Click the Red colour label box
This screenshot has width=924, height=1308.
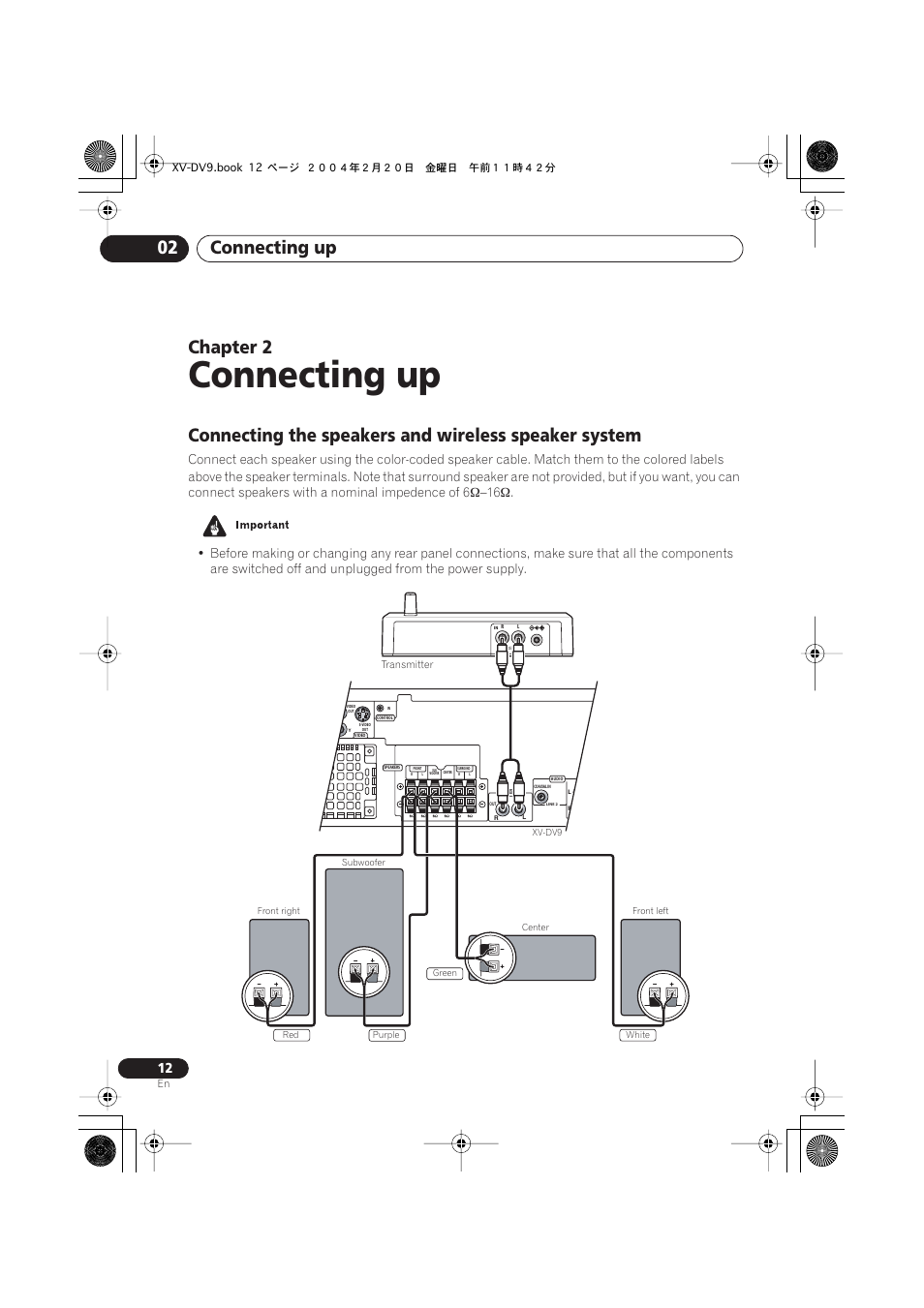(x=291, y=1035)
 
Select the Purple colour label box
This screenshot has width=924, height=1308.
(x=385, y=1035)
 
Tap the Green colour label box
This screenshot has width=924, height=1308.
(x=445, y=973)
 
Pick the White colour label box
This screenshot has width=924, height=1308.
(x=637, y=1035)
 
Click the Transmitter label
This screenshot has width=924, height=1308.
(x=407, y=664)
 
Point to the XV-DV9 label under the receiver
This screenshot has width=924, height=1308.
(x=546, y=833)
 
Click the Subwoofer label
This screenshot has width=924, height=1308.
(x=363, y=862)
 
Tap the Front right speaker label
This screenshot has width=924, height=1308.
(x=278, y=911)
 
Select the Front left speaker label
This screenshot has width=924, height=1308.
(x=650, y=911)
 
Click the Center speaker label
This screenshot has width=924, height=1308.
(x=535, y=928)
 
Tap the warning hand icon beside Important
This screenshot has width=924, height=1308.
(x=214, y=526)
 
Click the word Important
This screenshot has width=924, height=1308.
(x=262, y=525)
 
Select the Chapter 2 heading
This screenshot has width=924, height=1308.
(x=230, y=347)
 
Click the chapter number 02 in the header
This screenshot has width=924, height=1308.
(x=168, y=248)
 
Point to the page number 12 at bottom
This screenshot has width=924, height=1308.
(x=165, y=1068)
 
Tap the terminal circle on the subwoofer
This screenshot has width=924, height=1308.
(x=363, y=972)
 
